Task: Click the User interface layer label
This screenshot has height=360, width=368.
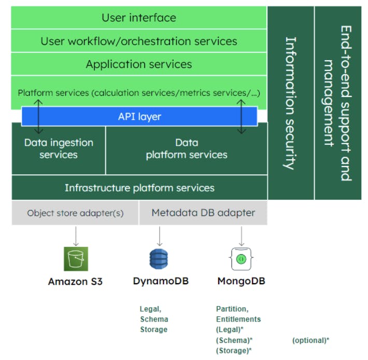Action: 138,18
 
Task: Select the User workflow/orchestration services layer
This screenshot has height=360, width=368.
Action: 138,41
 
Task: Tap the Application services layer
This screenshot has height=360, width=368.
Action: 138,64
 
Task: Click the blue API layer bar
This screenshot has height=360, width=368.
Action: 139,117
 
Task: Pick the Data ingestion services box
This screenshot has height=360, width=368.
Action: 59,149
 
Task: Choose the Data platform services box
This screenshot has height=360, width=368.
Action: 187,149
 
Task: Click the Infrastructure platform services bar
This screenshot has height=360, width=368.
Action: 139,187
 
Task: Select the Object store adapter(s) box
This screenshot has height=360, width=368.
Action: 75,213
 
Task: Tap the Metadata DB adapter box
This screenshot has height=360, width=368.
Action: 203,213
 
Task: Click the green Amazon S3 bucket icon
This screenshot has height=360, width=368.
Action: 76,258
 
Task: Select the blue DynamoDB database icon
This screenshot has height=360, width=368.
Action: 159,258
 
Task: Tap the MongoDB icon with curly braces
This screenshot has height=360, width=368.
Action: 240,258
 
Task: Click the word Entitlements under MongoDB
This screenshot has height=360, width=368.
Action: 238,319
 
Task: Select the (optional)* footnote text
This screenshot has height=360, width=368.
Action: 310,340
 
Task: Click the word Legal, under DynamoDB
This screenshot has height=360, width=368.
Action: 150,309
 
